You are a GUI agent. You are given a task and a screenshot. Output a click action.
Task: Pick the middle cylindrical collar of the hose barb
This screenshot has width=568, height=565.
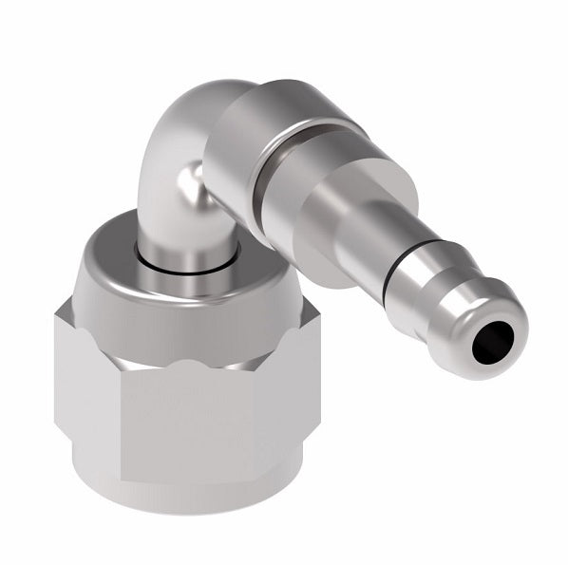[304, 199]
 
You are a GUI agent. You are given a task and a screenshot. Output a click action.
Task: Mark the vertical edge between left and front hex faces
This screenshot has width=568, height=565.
[122, 418]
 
